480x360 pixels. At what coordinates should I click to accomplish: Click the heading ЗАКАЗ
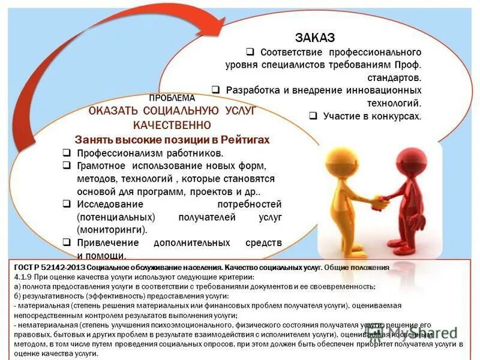pos(314,37)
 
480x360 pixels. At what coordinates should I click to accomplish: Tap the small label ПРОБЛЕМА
pos(172,98)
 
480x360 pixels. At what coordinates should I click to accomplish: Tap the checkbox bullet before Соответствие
pos(250,52)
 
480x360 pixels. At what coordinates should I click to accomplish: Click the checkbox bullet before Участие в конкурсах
pos(313,116)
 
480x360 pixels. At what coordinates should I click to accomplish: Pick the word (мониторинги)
pos(112,229)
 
